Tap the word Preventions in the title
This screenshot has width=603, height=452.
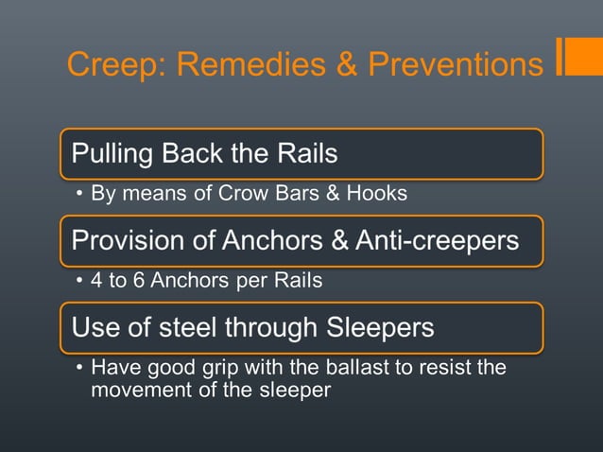pyautogui.click(x=456, y=64)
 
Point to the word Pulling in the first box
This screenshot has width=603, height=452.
pyautogui.click(x=112, y=152)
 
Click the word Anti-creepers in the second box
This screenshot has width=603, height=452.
pyautogui.click(x=437, y=240)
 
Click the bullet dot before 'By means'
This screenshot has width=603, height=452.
pyautogui.click(x=80, y=195)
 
